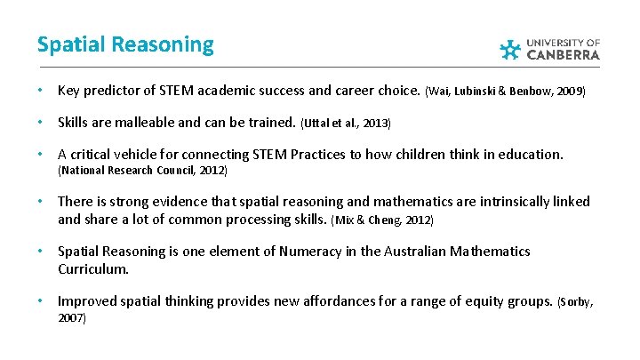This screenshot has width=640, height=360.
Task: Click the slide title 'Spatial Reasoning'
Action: pyautogui.click(x=125, y=44)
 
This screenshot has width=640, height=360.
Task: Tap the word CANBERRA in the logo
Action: pyautogui.click(x=564, y=54)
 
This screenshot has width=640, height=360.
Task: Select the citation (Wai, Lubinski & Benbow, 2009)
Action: pyautogui.click(x=506, y=92)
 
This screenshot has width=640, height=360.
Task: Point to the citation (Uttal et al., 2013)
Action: pyautogui.click(x=346, y=123)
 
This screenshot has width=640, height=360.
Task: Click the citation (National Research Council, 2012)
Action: pyautogui.click(x=142, y=170)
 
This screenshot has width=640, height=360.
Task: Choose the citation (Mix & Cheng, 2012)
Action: pyautogui.click(x=382, y=220)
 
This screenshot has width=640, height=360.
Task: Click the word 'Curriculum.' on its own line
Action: pyautogui.click(x=93, y=268)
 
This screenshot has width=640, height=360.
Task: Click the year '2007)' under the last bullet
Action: pyautogui.click(x=72, y=317)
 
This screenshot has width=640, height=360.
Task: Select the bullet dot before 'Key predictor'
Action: pyautogui.click(x=41, y=92)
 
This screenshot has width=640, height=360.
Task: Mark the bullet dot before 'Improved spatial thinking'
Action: pyautogui.click(x=41, y=301)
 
